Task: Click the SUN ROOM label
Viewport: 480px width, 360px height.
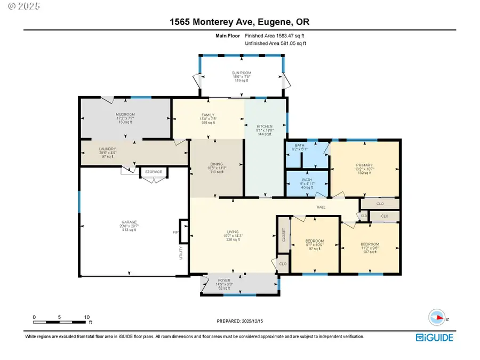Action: click(241, 73)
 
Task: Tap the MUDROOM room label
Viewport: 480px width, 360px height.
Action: click(125, 114)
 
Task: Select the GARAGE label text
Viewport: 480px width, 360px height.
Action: click(129, 222)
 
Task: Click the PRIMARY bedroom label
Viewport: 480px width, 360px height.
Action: click(364, 165)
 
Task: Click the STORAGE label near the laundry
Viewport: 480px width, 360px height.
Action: click(154, 172)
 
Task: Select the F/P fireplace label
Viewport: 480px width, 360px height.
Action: click(175, 232)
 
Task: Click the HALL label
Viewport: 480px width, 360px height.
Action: click(321, 207)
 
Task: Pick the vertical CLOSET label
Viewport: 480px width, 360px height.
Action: click(283, 236)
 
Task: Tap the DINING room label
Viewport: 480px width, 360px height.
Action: click(216, 164)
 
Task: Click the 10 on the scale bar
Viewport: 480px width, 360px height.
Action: click(86, 317)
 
